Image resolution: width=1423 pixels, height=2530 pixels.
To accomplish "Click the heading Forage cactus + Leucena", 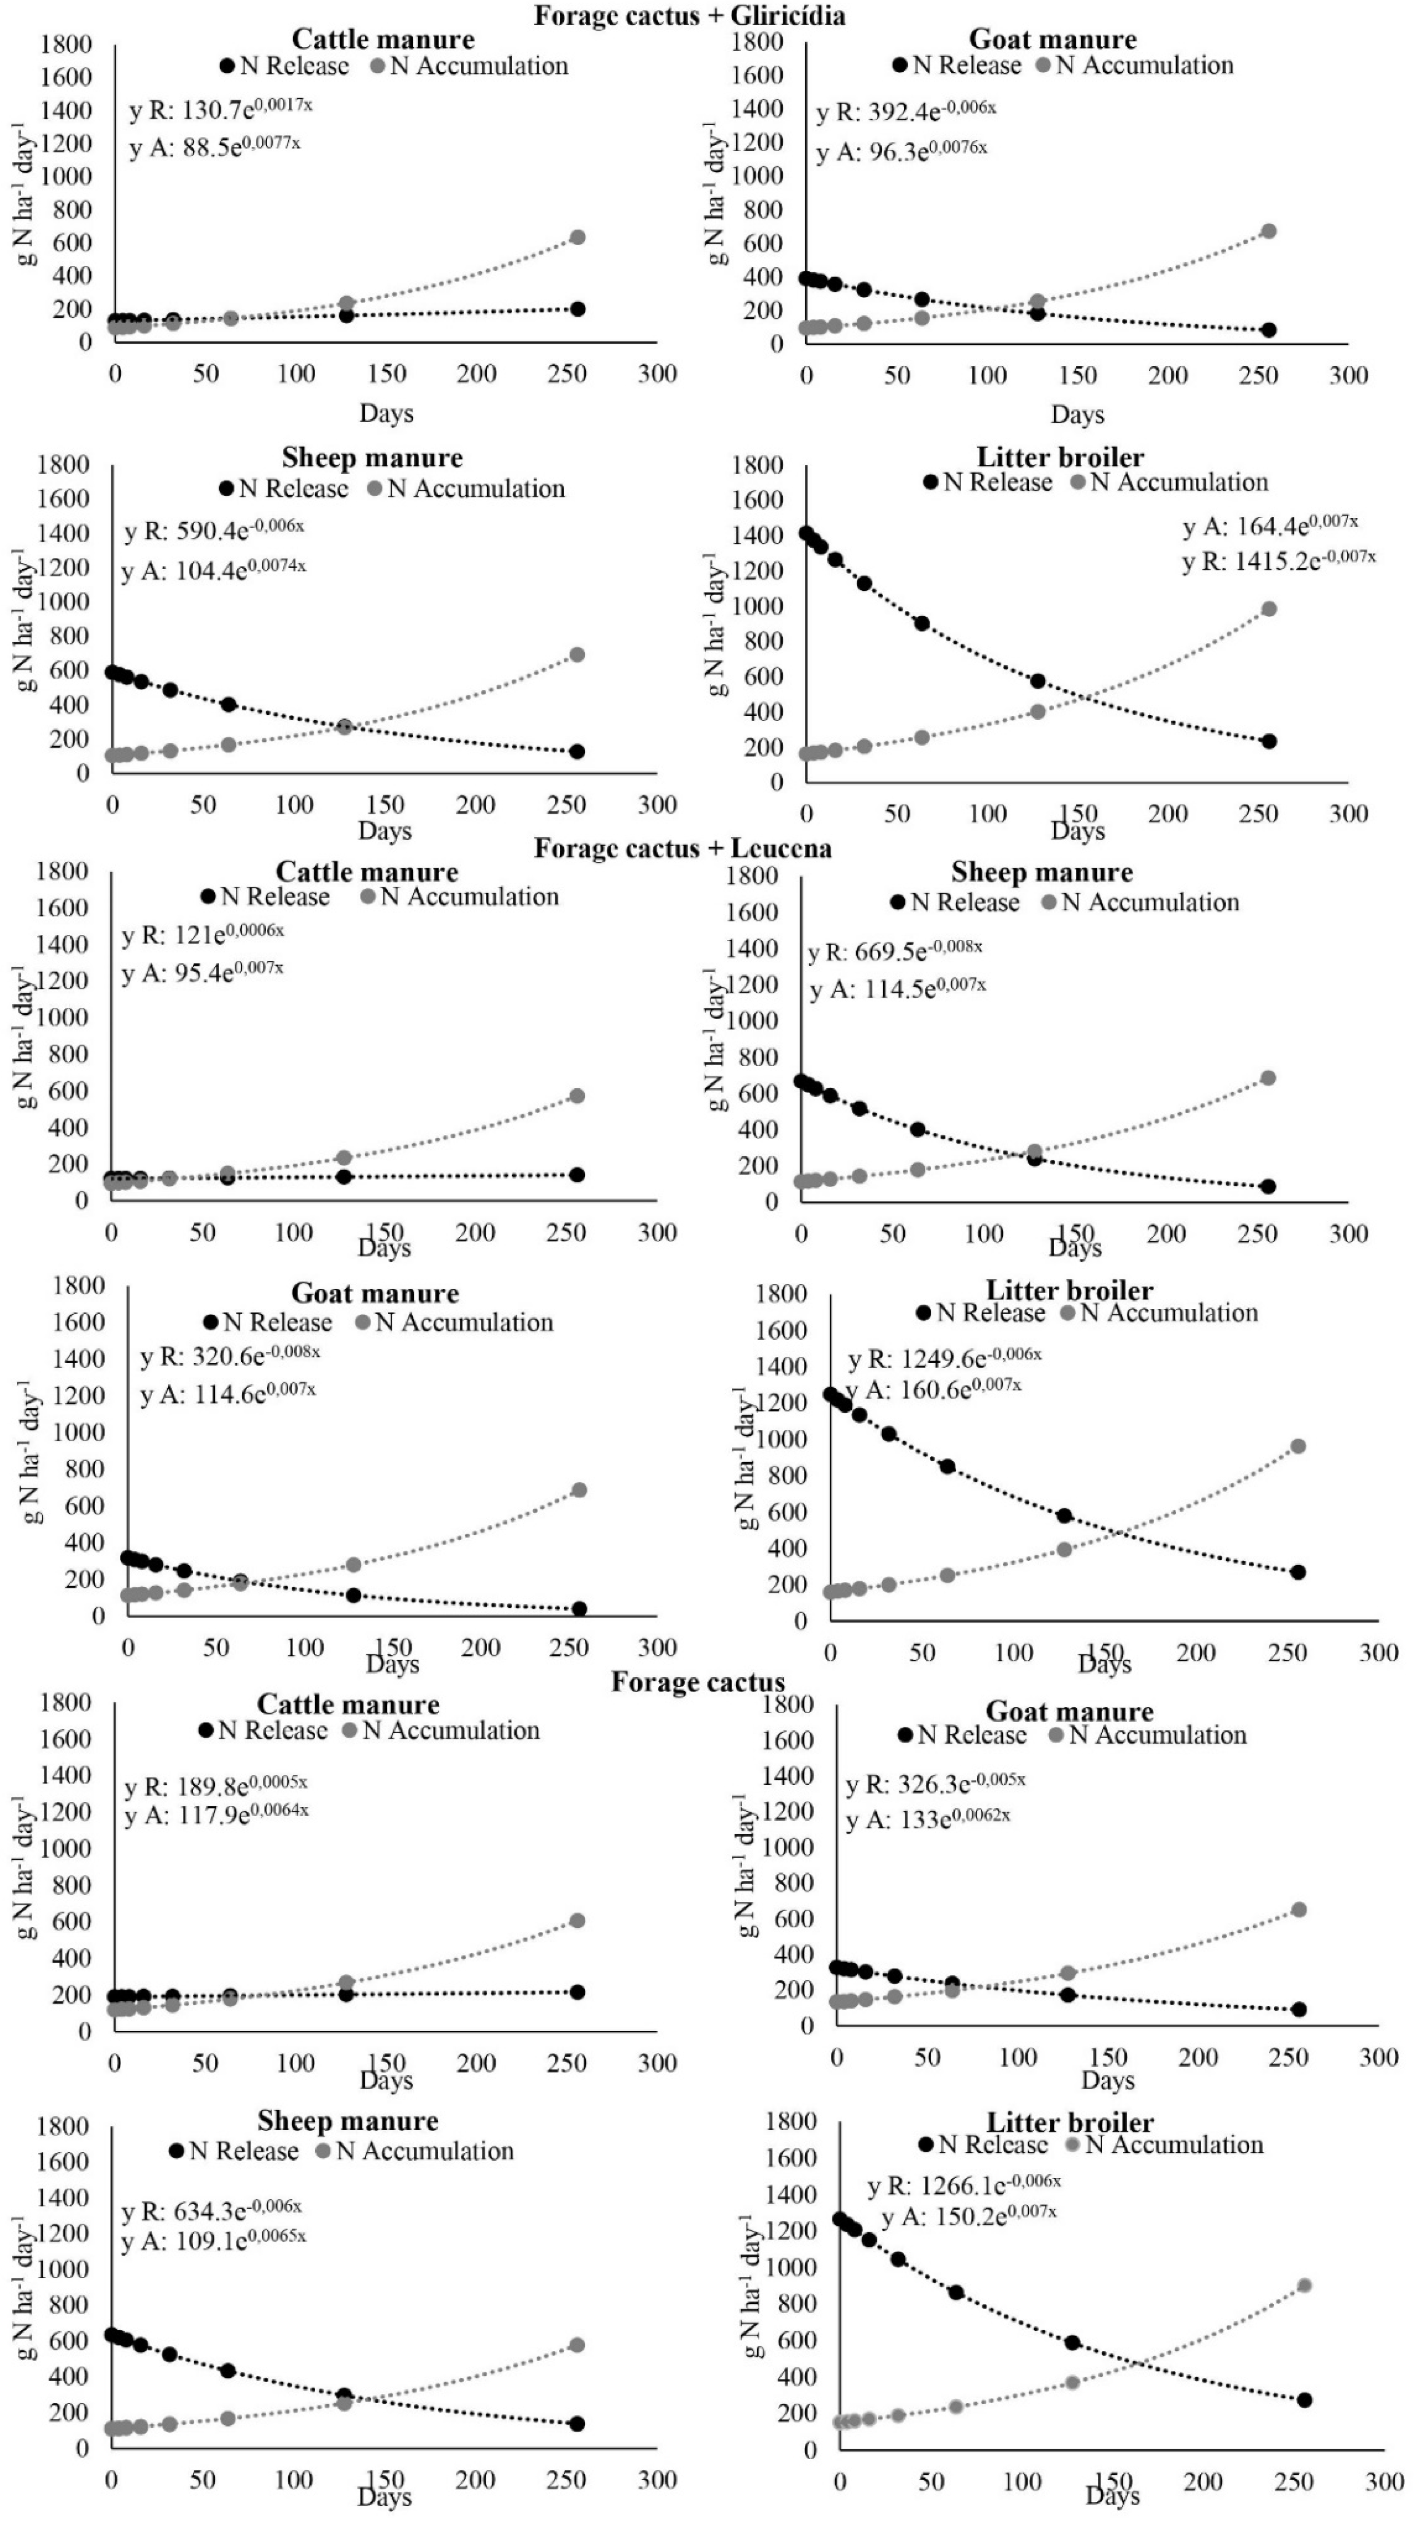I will (x=683, y=849).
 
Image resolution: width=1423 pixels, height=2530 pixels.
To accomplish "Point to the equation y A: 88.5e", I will (x=214, y=147).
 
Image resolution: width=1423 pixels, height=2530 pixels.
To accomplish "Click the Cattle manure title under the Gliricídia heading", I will (x=383, y=39).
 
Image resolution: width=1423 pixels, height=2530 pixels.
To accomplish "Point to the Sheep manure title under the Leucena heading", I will (x=1041, y=872).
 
